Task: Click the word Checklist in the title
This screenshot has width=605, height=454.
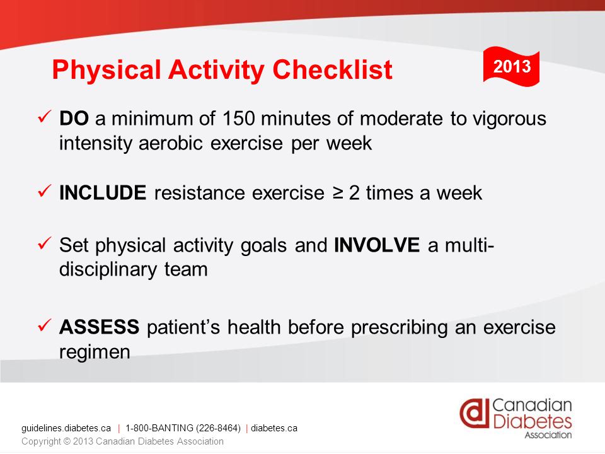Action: (332, 70)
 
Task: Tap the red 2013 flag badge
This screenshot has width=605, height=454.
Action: (511, 66)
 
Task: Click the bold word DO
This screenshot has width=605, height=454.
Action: (74, 118)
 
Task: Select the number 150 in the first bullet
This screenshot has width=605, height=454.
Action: (238, 118)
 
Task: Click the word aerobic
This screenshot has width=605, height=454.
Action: (171, 143)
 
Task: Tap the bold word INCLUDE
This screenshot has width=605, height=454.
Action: (103, 193)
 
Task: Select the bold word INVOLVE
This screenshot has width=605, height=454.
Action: (377, 245)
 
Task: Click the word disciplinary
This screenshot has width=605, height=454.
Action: (108, 270)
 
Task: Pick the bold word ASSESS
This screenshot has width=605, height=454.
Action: (99, 327)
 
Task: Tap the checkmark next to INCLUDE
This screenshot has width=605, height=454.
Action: (45, 190)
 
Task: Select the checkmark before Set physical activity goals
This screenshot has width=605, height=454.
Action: (45, 243)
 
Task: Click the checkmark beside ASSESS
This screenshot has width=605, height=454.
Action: (45, 325)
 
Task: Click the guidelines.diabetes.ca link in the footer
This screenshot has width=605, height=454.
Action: (66, 428)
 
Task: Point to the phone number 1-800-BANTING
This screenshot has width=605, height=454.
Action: (183, 428)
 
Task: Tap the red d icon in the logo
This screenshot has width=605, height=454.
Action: (474, 413)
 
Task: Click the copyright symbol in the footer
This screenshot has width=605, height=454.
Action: (67, 441)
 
